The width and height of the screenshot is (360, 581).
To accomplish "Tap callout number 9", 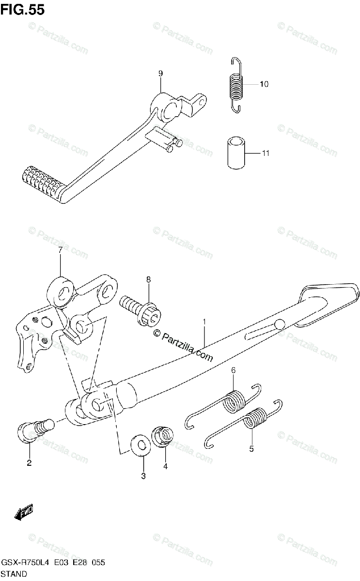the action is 160,74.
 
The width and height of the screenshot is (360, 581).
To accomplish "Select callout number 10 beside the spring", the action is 264,84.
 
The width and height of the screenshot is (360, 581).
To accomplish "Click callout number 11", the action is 265,153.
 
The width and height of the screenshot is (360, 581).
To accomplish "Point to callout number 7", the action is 61,250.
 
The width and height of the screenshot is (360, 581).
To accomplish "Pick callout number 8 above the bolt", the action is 149,279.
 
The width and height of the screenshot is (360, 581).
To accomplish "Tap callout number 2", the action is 29,463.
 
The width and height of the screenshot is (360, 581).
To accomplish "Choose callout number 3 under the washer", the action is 143,476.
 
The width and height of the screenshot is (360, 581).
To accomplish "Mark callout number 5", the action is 251,449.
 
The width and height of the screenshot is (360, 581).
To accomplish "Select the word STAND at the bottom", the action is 15,574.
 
